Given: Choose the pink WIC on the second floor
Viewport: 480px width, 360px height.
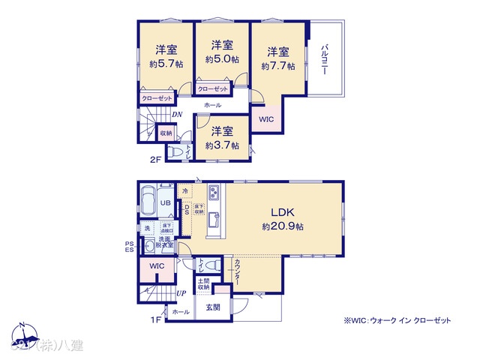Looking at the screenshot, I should pyautogui.click(x=266, y=119).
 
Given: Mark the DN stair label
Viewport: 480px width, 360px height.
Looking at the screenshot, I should pyautogui.click(x=176, y=115).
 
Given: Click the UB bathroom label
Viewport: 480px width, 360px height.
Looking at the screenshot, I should pyautogui.click(x=164, y=202).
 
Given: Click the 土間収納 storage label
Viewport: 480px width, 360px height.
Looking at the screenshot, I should pyautogui.click(x=204, y=283).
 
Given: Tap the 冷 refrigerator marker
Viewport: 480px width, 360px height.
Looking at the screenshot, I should pyautogui.click(x=185, y=191).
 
